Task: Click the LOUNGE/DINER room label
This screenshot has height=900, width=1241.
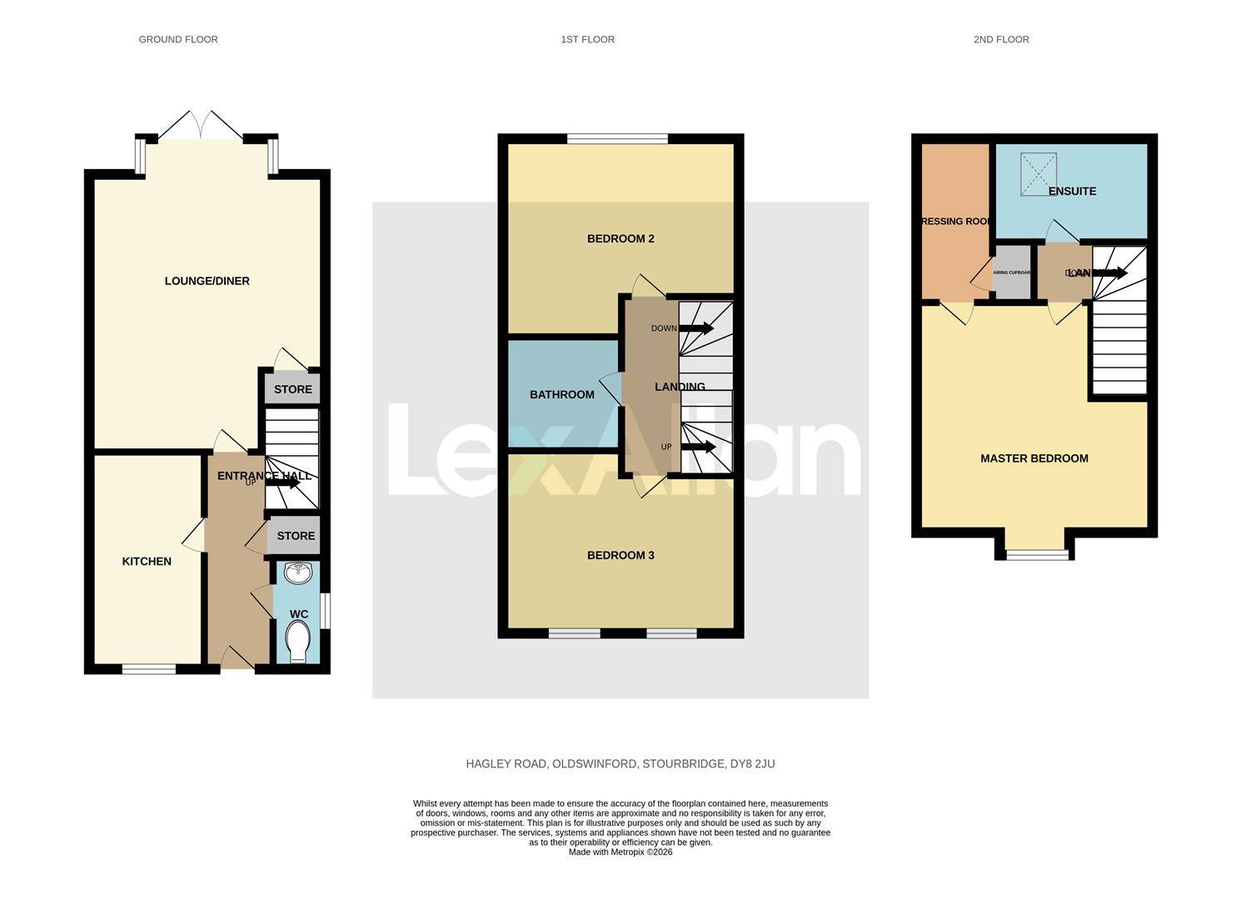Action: (207, 281)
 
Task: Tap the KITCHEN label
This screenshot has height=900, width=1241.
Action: (147, 562)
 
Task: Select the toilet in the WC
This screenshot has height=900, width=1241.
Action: (297, 642)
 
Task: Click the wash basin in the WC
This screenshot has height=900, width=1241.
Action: (297, 573)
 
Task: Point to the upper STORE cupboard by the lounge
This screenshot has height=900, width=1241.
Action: (292, 389)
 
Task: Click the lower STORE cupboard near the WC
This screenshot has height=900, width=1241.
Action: (296, 536)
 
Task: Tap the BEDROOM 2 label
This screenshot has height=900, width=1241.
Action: (620, 239)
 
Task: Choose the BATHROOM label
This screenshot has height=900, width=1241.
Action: (562, 395)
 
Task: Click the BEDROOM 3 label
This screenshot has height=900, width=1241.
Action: (620, 556)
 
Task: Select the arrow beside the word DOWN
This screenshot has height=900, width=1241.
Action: (696, 328)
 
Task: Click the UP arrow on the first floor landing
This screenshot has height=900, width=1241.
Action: (698, 447)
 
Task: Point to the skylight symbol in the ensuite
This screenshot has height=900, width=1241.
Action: (1038, 174)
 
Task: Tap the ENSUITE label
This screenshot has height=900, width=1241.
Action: (1072, 192)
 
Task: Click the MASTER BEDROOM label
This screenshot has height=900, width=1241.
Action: (1034, 458)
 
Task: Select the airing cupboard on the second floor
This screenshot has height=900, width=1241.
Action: (1012, 272)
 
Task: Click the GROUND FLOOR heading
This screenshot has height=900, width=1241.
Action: (178, 39)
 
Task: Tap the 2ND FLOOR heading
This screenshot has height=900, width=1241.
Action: (1001, 39)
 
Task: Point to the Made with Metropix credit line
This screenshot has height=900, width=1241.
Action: (620, 852)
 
